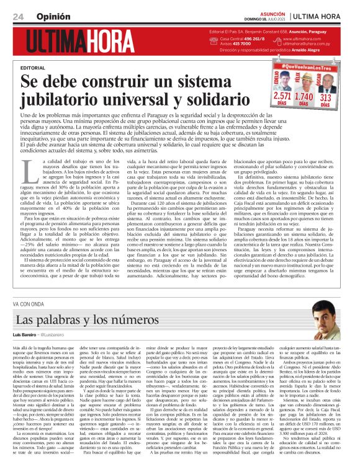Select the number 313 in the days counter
325,97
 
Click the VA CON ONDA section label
29,305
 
